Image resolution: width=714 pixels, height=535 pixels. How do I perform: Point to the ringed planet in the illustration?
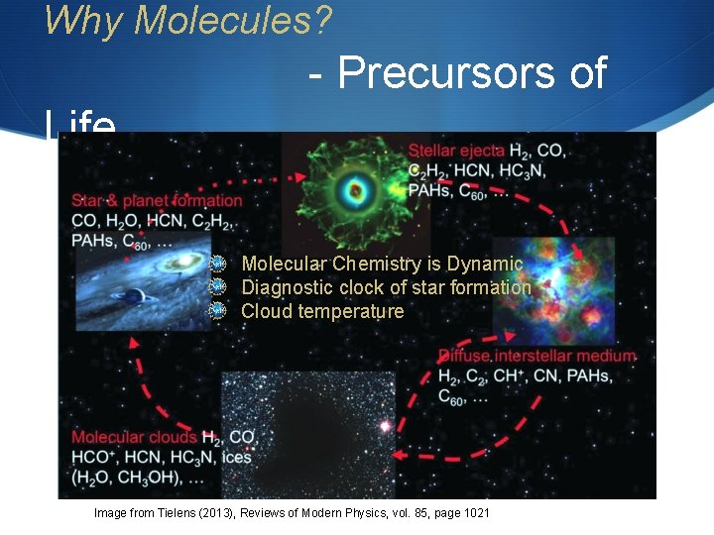(130, 295)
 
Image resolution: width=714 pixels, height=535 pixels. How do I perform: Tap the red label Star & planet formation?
(157, 201)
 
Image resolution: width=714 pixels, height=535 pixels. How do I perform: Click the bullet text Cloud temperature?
(322, 311)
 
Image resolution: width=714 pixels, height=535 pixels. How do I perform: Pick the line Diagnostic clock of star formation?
(386, 287)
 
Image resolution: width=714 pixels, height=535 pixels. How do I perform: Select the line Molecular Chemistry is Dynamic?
(382, 264)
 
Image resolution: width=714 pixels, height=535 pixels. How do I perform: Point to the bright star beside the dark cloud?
(383, 427)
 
